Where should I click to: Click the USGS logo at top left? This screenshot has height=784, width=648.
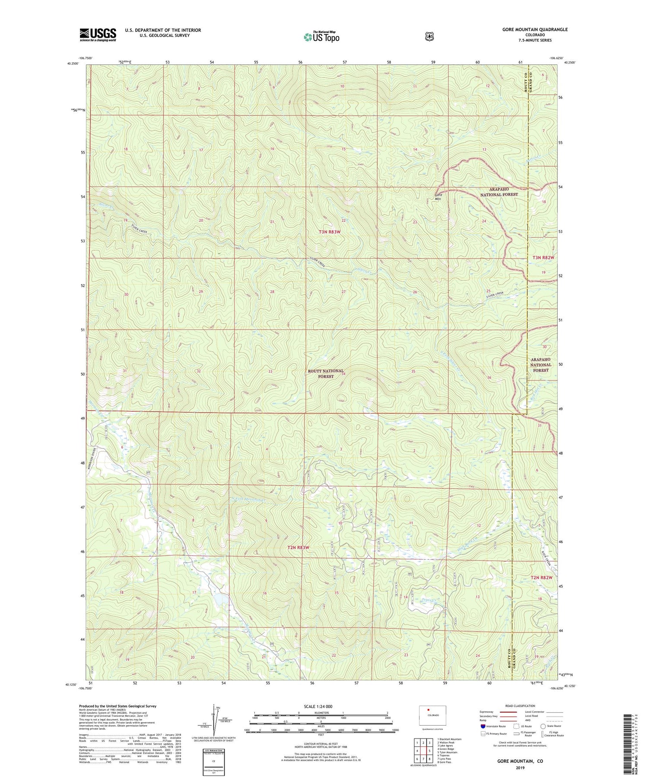[98, 35]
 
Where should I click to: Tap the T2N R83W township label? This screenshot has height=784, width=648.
[298, 547]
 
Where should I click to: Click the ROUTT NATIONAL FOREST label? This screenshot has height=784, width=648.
[326, 374]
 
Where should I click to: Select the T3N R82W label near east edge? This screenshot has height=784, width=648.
[543, 257]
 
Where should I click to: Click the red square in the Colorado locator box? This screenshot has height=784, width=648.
[429, 710]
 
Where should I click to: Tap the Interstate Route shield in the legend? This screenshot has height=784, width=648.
[483, 726]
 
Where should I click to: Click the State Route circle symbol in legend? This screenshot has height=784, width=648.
[543, 726]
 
